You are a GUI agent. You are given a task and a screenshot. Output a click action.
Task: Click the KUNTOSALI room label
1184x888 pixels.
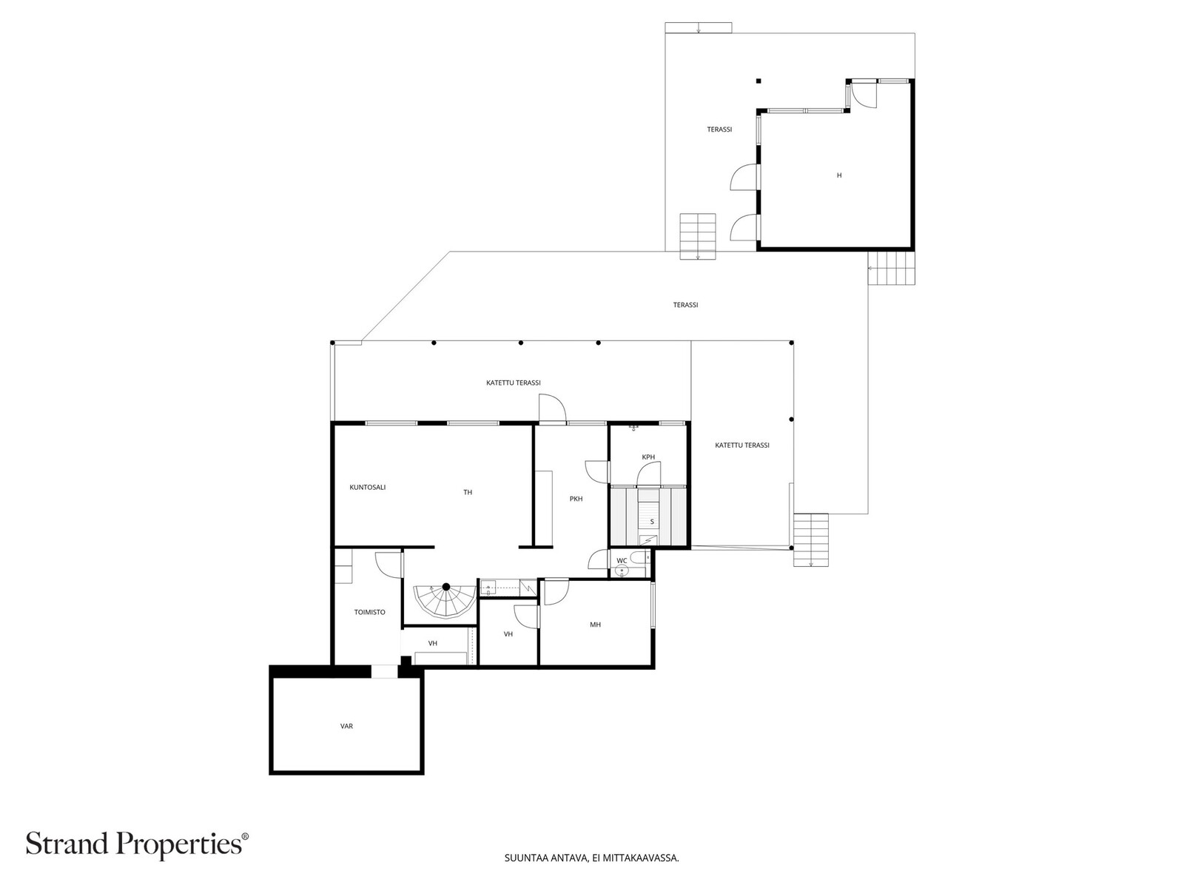pyautogui.click(x=367, y=488)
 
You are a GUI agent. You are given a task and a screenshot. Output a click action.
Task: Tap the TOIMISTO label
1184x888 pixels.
pyautogui.click(x=369, y=612)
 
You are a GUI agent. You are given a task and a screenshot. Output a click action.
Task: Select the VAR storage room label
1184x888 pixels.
pyautogui.click(x=346, y=726)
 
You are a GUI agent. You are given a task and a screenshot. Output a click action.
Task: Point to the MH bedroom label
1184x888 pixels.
pyautogui.click(x=595, y=625)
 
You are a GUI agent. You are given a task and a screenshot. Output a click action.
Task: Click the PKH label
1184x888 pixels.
pyautogui.click(x=576, y=499)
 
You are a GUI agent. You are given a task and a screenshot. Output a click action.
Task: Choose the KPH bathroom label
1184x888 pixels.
pyautogui.click(x=647, y=457)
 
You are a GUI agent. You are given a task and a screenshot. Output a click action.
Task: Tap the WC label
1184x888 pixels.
pyautogui.click(x=622, y=561)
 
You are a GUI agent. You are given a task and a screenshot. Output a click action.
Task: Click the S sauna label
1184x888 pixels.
pyautogui.click(x=652, y=522)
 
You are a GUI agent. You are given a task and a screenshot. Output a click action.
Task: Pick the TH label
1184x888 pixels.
pyautogui.click(x=468, y=492)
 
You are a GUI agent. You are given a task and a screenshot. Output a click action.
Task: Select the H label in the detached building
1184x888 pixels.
pyautogui.click(x=838, y=175)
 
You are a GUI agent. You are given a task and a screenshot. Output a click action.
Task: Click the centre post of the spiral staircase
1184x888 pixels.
pyautogui.click(x=446, y=586)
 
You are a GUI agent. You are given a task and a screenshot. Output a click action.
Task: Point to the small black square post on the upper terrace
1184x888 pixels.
pyautogui.click(x=758, y=81)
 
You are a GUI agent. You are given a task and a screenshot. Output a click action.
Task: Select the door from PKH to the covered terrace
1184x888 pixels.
pyautogui.click(x=552, y=408)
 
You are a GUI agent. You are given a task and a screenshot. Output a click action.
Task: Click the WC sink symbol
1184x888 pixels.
pyautogui.click(x=622, y=571)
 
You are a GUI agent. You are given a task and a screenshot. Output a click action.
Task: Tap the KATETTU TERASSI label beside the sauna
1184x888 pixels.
pyautogui.click(x=741, y=445)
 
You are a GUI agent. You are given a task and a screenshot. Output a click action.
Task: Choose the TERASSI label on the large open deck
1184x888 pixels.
pyautogui.click(x=685, y=305)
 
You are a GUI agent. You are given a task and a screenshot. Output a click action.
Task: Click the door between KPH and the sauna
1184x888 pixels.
pyautogui.click(x=648, y=476)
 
